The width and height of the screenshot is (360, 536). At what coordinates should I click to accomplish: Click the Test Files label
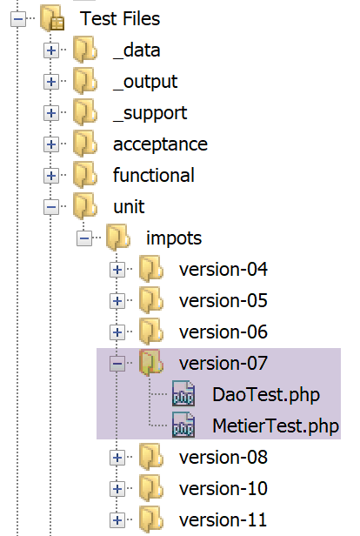[x=120, y=18]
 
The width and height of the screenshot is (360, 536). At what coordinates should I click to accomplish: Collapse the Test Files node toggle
[x=18, y=19]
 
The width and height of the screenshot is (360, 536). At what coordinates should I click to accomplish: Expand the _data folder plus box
[x=51, y=50]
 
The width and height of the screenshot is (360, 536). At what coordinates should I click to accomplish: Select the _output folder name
[x=145, y=82]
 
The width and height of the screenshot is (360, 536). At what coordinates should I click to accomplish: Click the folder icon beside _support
[x=85, y=113]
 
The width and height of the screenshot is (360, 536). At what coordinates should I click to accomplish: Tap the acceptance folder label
[x=160, y=144]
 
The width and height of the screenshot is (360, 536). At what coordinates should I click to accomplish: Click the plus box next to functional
[x=51, y=176]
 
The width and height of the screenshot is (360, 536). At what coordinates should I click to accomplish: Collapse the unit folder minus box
[x=51, y=207]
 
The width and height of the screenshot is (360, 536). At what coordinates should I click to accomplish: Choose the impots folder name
[x=174, y=238]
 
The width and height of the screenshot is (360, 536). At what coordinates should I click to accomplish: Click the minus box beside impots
[x=84, y=238]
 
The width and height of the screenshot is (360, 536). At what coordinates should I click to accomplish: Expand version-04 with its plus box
[x=117, y=270]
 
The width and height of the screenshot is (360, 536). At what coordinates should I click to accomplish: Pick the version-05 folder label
[x=223, y=301]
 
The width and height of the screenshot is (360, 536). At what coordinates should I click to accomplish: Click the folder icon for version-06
[x=151, y=332]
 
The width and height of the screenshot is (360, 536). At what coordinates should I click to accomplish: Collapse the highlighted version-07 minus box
[x=117, y=364]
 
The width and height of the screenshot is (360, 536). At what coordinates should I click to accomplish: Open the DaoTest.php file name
[x=266, y=394]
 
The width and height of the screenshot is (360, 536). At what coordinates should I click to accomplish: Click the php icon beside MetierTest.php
[x=183, y=425]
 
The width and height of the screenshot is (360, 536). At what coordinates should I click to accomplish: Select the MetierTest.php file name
[x=276, y=426]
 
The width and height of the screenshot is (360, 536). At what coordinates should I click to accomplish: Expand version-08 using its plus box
[x=117, y=458]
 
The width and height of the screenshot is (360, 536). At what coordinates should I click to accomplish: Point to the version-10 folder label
[x=223, y=488]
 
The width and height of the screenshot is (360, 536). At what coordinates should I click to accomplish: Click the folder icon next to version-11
[x=151, y=519]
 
